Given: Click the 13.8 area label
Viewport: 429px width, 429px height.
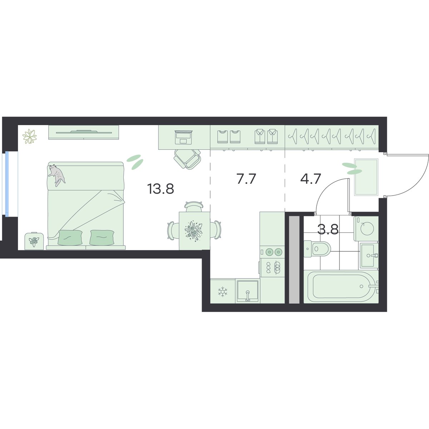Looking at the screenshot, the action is (x=160, y=189).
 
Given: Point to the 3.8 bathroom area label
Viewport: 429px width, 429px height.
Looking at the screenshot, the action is (x=328, y=229).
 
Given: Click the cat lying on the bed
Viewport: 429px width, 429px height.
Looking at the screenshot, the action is (x=57, y=175).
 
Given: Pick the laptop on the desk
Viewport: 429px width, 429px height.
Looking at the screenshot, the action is (x=183, y=137).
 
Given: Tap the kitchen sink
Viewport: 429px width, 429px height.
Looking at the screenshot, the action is (x=247, y=291).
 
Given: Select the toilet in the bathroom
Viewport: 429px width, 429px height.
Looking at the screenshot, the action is (x=317, y=249).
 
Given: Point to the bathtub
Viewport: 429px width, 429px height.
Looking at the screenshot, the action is (x=341, y=287).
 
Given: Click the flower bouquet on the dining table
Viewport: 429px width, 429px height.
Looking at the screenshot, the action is (x=194, y=231).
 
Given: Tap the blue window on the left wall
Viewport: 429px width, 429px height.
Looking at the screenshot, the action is (x=7, y=184).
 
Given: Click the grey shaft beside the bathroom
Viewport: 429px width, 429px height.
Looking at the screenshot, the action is (x=294, y=260).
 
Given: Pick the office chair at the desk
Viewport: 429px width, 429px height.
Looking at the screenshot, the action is (x=187, y=159).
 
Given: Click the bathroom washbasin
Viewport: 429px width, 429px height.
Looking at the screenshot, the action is (x=369, y=255).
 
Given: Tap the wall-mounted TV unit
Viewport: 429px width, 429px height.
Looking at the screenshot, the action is (x=84, y=132).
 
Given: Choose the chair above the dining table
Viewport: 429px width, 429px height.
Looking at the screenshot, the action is (x=194, y=206).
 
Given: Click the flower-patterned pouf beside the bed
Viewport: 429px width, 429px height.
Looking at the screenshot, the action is (x=34, y=241).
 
